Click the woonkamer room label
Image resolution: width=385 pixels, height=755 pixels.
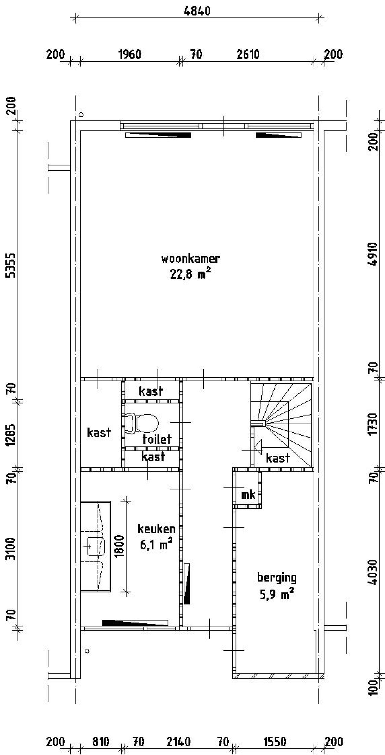(x=191, y=259)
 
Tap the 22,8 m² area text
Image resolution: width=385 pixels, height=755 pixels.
(x=190, y=274)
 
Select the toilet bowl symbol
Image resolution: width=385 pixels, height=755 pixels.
(x=142, y=424)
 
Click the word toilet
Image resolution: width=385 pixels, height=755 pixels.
(x=157, y=439)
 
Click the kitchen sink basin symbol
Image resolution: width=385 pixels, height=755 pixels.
(x=96, y=546)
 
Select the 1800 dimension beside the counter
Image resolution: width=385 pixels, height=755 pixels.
(x=120, y=546)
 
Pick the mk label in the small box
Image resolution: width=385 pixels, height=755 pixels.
(x=248, y=495)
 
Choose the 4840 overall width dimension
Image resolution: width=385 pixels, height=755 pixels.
(x=197, y=11)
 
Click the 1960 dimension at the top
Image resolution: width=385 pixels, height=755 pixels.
(x=130, y=55)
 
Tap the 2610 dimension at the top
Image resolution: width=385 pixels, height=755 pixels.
(x=248, y=55)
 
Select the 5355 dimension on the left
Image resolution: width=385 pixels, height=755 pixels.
(x=11, y=265)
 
